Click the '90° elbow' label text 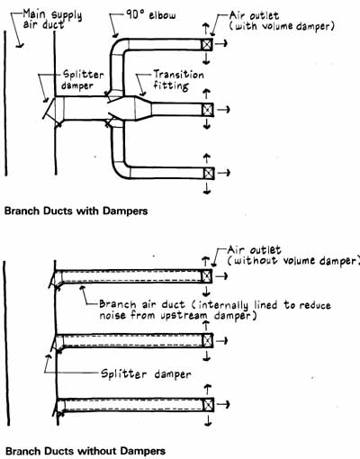(x=150, y=14)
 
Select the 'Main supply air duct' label (x=52, y=19)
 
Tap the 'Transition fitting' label (x=179, y=80)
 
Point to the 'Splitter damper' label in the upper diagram (x=83, y=80)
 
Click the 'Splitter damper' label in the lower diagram (x=146, y=374)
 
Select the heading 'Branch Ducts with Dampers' (x=76, y=211)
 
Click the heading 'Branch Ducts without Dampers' (x=85, y=451)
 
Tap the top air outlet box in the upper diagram (x=207, y=45)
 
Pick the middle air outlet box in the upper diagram (x=207, y=110)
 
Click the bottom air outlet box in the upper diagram (x=209, y=173)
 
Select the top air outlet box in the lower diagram (x=206, y=276)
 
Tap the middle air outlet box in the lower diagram (x=207, y=340)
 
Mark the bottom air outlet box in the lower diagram (x=208, y=405)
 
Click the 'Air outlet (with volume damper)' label (x=282, y=21)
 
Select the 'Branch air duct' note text (x=215, y=310)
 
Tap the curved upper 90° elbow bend (x=117, y=45)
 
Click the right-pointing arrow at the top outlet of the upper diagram (x=221, y=44)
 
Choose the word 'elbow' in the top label (x=162, y=15)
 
